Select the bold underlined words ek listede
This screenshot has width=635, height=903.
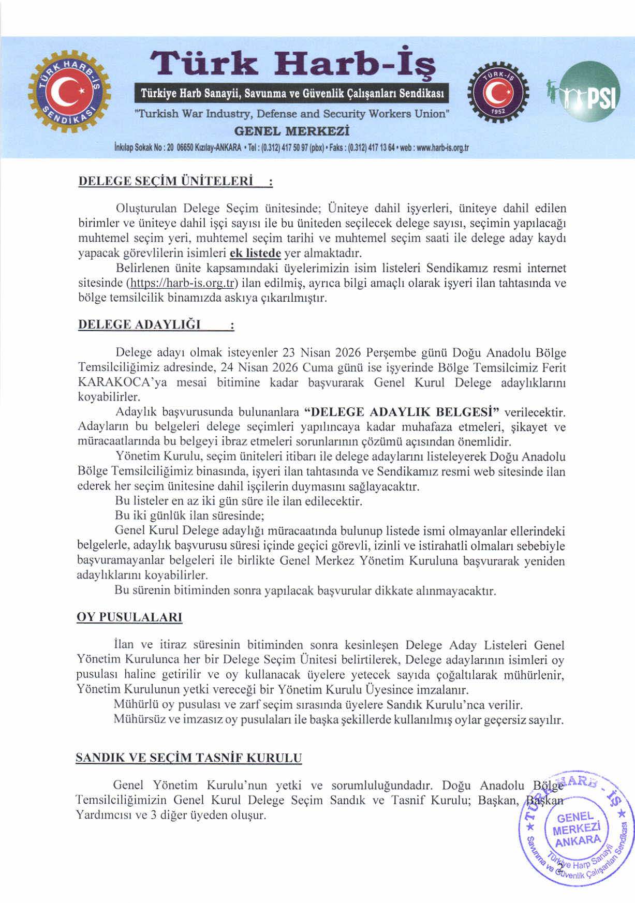255,254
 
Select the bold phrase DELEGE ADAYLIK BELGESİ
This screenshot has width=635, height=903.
402,412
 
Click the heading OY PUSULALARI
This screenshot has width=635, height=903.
129,617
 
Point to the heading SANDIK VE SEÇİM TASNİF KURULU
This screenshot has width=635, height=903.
188,758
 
